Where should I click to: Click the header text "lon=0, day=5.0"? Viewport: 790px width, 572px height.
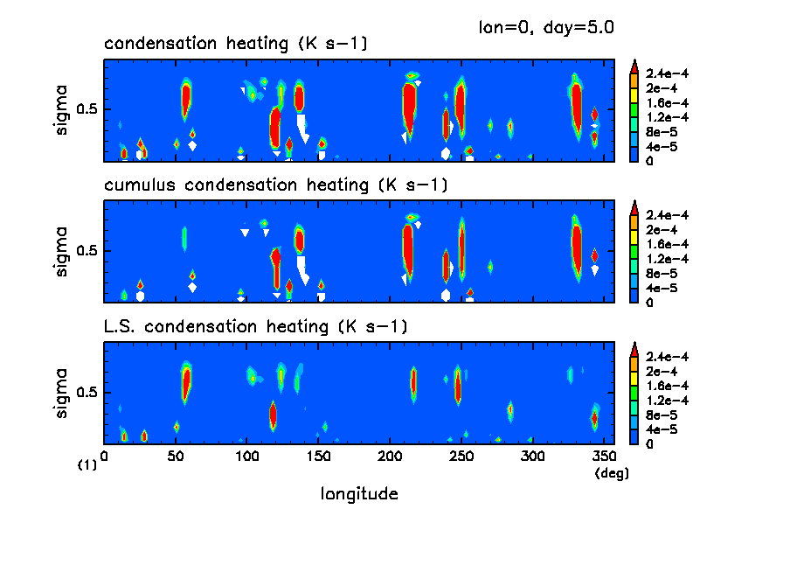pyautogui.click(x=546, y=27)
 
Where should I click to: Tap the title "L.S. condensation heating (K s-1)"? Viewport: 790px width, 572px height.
pyautogui.click(x=255, y=327)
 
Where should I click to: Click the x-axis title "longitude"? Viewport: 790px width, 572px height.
pyautogui.click(x=360, y=494)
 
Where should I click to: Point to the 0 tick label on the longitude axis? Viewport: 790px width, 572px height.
pyautogui.click(x=104, y=457)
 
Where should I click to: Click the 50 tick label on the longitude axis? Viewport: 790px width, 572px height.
pyautogui.click(x=176, y=457)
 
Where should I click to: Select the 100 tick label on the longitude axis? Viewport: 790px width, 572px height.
pyautogui.click(x=247, y=457)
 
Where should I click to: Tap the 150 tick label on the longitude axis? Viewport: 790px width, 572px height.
pyautogui.click(x=318, y=457)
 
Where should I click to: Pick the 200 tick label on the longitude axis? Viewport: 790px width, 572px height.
pyautogui.click(x=390, y=457)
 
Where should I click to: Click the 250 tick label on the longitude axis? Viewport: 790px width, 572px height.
pyautogui.click(x=461, y=457)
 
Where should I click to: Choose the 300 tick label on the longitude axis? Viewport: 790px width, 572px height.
pyautogui.click(x=532, y=457)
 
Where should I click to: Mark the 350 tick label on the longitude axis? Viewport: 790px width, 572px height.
pyautogui.click(x=604, y=457)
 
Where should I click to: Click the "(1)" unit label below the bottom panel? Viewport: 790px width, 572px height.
pyautogui.click(x=87, y=465)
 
